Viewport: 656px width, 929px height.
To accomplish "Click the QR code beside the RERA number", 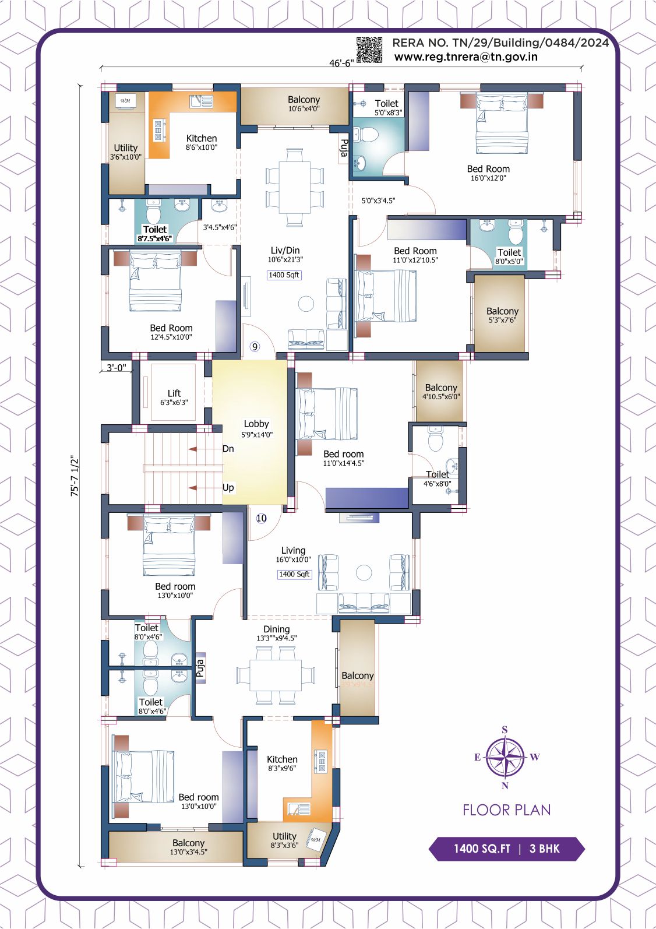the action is point(369,50).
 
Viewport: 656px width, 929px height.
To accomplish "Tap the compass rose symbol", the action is point(505,757).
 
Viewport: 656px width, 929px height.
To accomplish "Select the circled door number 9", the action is point(255,346).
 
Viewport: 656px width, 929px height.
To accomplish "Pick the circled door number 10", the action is point(261,518).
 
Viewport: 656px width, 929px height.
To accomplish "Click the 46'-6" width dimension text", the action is point(341,63).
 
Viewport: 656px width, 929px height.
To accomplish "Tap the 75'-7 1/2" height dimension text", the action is point(75,476).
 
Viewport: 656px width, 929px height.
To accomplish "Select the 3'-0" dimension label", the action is point(116,367).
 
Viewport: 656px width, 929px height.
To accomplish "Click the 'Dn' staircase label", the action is point(228,449).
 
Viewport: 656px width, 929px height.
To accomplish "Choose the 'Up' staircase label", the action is point(228,488).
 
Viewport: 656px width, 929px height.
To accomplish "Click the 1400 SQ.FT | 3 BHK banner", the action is point(506,849).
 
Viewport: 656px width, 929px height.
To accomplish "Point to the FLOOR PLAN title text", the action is point(507,810).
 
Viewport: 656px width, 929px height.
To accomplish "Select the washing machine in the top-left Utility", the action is point(125,101).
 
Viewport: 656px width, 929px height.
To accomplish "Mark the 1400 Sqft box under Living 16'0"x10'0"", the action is point(294,574).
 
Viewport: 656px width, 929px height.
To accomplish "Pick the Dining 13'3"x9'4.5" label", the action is point(277,634).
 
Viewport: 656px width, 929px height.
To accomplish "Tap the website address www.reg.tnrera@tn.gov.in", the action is point(465,57).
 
